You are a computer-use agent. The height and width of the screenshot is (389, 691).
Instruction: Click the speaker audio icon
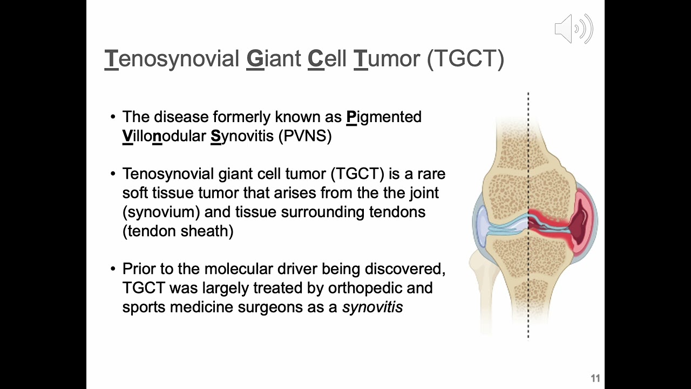point(574,29)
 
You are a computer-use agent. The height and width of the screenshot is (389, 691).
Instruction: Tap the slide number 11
point(595,378)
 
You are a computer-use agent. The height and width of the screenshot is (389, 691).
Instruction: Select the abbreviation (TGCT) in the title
point(465,58)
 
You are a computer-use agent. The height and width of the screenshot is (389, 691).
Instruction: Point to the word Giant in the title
point(274,58)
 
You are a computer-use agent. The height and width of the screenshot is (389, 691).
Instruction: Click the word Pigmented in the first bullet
point(384,117)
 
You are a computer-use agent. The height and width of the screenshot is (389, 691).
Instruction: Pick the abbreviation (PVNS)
point(305,136)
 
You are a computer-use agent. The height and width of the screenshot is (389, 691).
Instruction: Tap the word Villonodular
point(164,136)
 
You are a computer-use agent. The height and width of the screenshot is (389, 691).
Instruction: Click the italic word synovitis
point(372,307)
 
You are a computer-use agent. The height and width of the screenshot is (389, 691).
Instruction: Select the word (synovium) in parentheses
point(161,212)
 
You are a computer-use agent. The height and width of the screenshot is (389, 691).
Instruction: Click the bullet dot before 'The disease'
point(113,117)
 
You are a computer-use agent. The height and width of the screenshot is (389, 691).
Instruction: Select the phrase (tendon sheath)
point(178,231)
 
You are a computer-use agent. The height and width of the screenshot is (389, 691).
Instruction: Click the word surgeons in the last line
point(270,307)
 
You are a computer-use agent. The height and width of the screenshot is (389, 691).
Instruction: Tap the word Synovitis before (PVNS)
point(242,136)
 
